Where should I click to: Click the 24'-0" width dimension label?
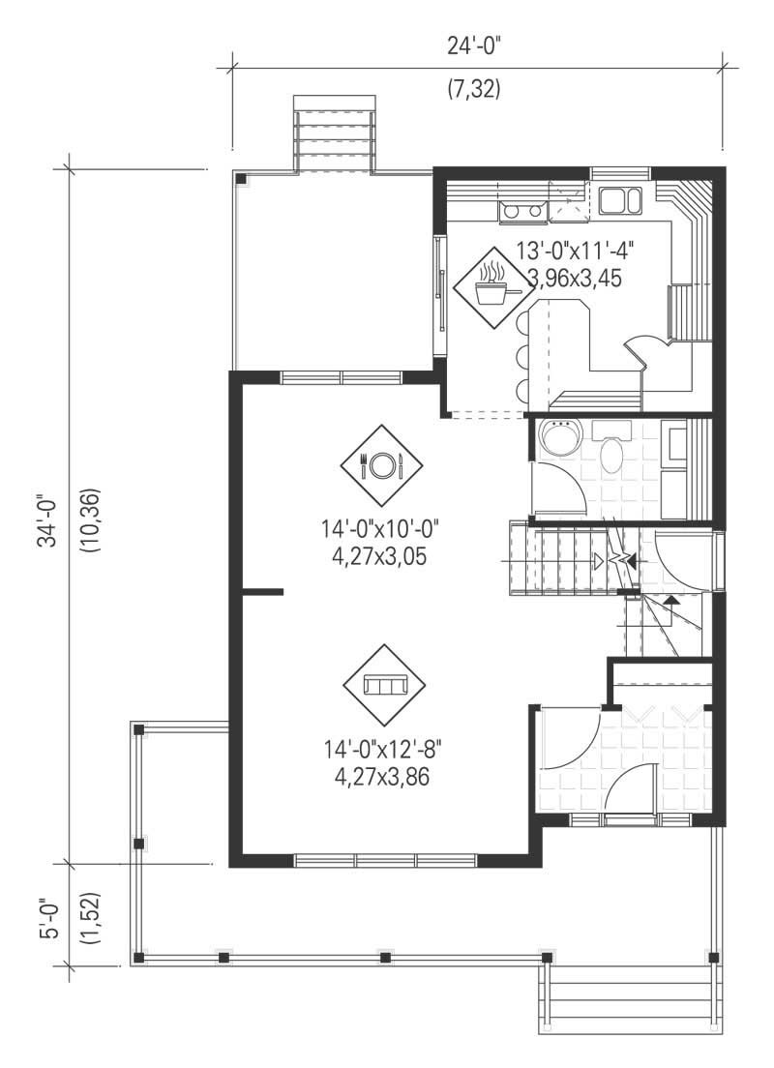(474, 44)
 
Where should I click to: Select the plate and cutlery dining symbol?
(381, 465)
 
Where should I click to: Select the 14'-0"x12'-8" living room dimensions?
(377, 750)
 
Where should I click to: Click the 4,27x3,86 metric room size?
(377, 776)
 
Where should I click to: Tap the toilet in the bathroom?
(611, 452)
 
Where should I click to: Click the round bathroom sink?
(558, 439)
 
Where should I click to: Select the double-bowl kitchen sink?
(620, 201)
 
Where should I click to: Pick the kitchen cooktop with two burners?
(522, 210)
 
